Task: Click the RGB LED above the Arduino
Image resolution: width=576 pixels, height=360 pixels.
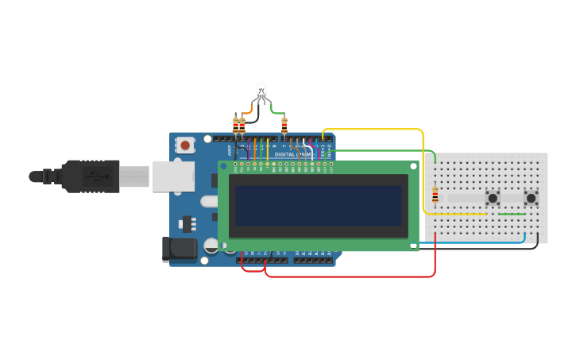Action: coord(261,91)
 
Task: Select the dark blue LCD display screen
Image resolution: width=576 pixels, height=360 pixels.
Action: coord(318,206)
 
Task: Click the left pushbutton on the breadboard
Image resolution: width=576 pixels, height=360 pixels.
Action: coord(493,197)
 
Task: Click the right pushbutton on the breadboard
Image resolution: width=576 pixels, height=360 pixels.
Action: coord(531,197)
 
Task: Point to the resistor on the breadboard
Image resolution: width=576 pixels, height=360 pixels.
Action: coord(435,195)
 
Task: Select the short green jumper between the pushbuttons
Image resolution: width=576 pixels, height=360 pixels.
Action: coord(511,214)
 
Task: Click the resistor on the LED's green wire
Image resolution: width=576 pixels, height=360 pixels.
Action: coord(284,125)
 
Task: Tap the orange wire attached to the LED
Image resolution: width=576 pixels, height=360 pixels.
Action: coord(248,111)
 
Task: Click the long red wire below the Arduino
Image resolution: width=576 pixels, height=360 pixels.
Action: coord(350,277)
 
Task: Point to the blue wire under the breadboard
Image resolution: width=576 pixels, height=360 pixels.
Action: coord(477,242)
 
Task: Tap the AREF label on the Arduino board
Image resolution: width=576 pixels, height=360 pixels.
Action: coord(230,149)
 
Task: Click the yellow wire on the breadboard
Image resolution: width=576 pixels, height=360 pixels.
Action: coord(457,214)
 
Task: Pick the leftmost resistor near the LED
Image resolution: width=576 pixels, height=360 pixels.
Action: coord(235,126)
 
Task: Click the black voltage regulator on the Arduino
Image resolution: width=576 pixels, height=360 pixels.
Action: coord(187,223)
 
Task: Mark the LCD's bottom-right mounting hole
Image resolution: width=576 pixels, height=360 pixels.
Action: coord(413,246)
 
